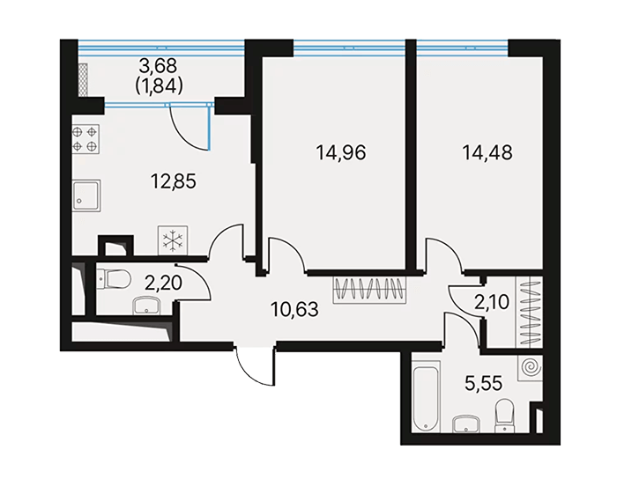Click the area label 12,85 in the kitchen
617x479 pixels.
click(173, 181)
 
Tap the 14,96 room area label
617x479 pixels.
click(341, 152)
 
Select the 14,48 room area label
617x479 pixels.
click(487, 152)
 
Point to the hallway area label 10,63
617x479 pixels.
click(294, 309)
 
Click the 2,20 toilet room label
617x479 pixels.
click(163, 283)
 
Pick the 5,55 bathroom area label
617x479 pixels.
click(484, 383)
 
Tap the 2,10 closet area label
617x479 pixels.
click(492, 302)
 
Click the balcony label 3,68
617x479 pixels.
click(158, 66)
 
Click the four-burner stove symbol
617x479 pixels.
click(85, 139)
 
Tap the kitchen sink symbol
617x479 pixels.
click(86, 195)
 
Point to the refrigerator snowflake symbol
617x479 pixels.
click(173, 240)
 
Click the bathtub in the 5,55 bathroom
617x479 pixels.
click(426, 398)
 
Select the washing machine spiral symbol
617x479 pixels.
click(530, 368)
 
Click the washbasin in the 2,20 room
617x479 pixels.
click(146, 306)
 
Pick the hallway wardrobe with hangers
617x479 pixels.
click(369, 291)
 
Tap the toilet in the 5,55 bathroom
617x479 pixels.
click(505, 416)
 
